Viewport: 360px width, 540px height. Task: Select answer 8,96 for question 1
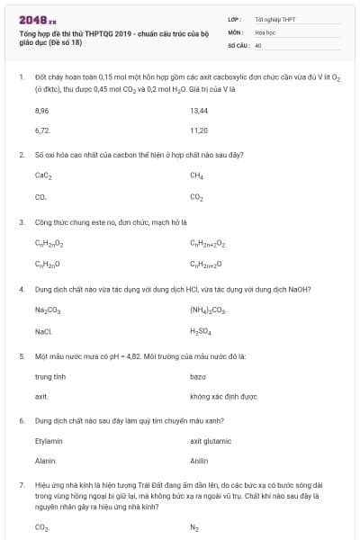41,111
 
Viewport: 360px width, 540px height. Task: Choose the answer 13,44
199,111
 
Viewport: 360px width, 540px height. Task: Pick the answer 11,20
199,130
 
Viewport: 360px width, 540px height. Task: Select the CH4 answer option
197,176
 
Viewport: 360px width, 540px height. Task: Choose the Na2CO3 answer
47,310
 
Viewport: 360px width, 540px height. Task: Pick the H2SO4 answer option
200,331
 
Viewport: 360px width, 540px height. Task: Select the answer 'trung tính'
49,377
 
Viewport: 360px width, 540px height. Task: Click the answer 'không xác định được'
223,397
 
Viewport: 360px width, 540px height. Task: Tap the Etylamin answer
49,442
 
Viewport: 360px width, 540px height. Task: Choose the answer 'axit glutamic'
211,442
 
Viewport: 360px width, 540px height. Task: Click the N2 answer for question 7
194,528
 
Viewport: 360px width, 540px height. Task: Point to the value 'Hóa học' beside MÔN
265,31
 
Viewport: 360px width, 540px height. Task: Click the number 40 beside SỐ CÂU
258,44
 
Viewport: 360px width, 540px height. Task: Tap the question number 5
21,356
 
